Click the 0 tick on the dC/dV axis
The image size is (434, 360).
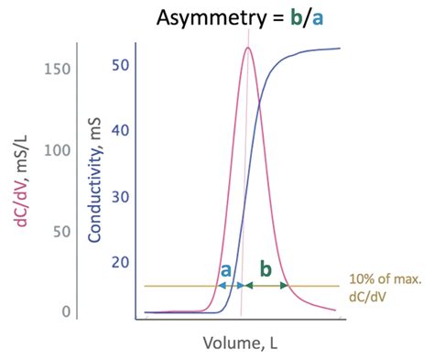67,311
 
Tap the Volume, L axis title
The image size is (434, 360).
239,344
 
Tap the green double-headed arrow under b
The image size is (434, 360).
266,286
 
